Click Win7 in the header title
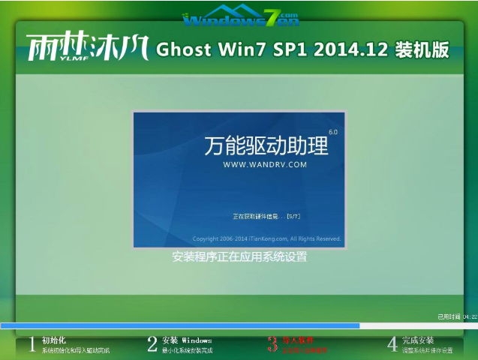click(236, 50)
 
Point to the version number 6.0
click(332, 132)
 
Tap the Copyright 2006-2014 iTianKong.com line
click(266, 238)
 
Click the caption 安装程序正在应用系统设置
click(239, 256)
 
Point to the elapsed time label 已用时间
click(449, 316)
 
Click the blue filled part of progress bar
click(180, 325)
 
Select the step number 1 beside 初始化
click(32, 344)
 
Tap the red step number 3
click(272, 344)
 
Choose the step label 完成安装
click(418, 340)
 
